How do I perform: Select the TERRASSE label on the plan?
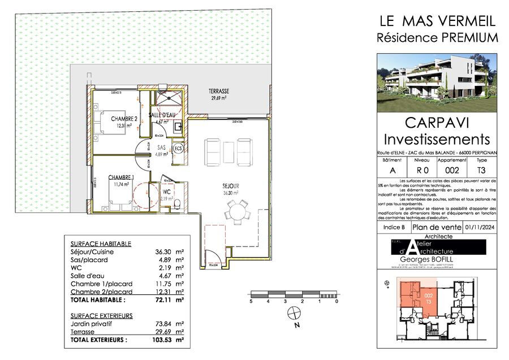coord(218,92)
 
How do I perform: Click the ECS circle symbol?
coord(178,149)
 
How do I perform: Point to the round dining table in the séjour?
coord(235,214)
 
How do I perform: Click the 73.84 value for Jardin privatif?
coord(166,324)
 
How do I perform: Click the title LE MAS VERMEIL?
coord(437,21)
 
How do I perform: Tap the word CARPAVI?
coord(437,123)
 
